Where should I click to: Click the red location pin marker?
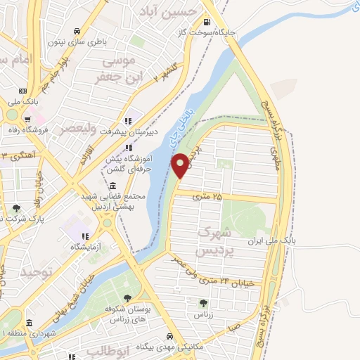coord(180,165)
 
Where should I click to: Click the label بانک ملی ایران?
coord(274,240)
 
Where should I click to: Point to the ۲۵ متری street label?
coord(226,197)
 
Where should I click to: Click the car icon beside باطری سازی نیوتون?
coord(77,31)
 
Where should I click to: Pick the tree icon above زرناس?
coord(203,303)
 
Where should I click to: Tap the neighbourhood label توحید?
coord(35,271)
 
